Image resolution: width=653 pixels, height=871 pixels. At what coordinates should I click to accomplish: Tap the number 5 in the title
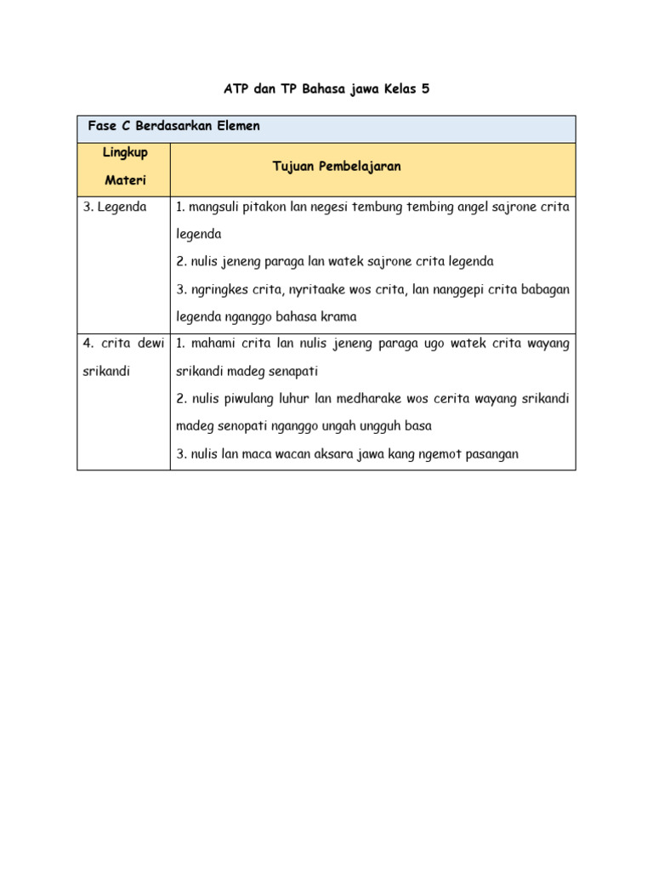[425, 88]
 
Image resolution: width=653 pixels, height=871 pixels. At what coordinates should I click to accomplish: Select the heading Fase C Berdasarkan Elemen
[173, 126]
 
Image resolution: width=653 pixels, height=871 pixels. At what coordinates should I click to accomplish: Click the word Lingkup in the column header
[125, 152]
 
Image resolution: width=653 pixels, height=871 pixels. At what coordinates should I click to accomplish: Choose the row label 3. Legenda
[115, 207]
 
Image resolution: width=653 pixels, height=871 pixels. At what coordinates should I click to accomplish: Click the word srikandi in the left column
[106, 372]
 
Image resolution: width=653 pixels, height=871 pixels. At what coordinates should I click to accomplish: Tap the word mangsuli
[213, 207]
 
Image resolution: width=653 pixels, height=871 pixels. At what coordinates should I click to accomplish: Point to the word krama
[338, 316]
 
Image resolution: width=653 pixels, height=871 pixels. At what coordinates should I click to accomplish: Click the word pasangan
[487, 454]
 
